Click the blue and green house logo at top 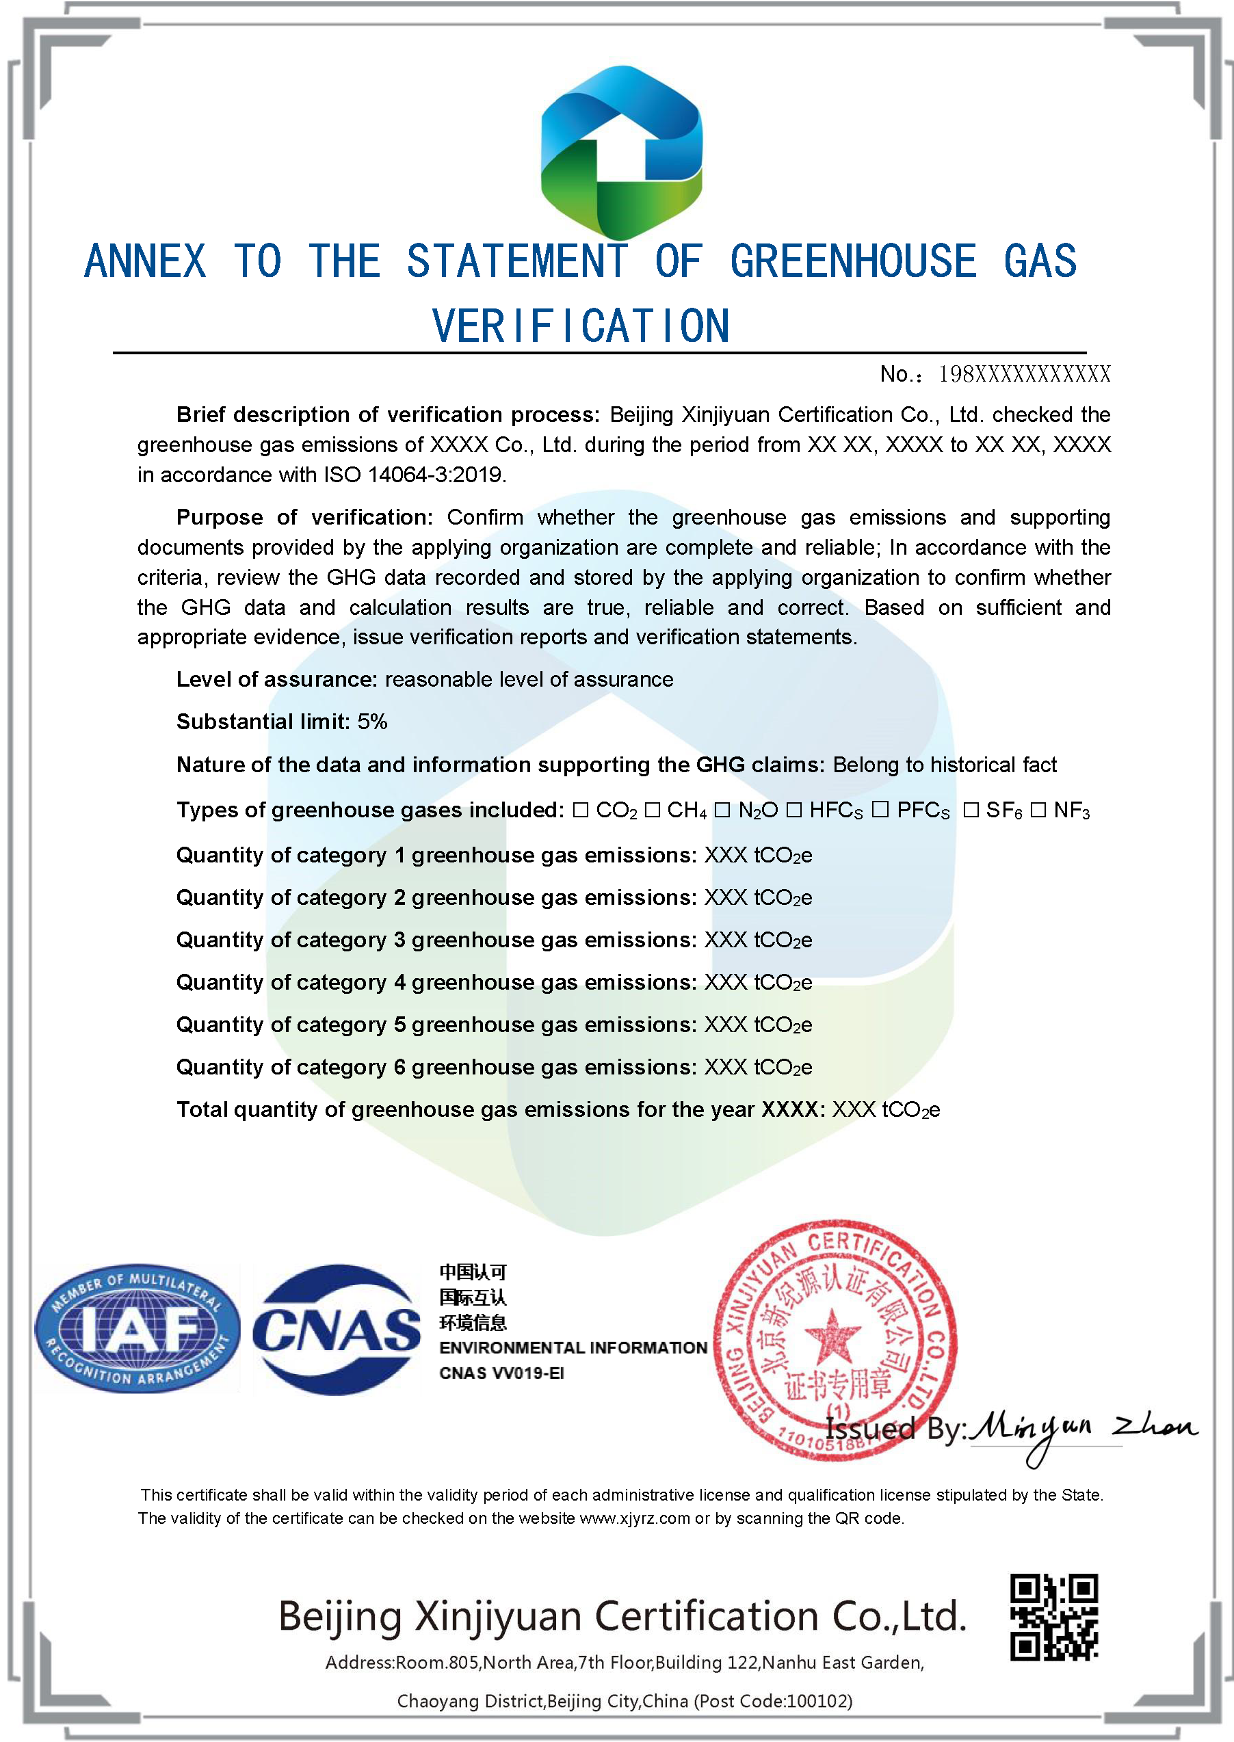pyautogui.click(x=621, y=152)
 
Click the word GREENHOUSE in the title pyautogui.click(x=852, y=261)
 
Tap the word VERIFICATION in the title pyautogui.click(x=581, y=327)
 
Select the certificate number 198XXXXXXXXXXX pyautogui.click(x=1023, y=373)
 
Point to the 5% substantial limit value pyautogui.click(x=372, y=722)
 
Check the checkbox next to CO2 pyautogui.click(x=581, y=810)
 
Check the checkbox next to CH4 pyautogui.click(x=652, y=810)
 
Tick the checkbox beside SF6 pyautogui.click(x=971, y=810)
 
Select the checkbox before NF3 pyautogui.click(x=1038, y=810)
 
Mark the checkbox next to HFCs pyautogui.click(x=794, y=810)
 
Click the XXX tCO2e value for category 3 pyautogui.click(x=758, y=940)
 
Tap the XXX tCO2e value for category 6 pyautogui.click(x=758, y=1068)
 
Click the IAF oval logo pyautogui.click(x=137, y=1329)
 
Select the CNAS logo pyautogui.click(x=336, y=1330)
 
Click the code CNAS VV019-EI pyautogui.click(x=501, y=1373)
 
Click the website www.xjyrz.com pyautogui.click(x=635, y=1518)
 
